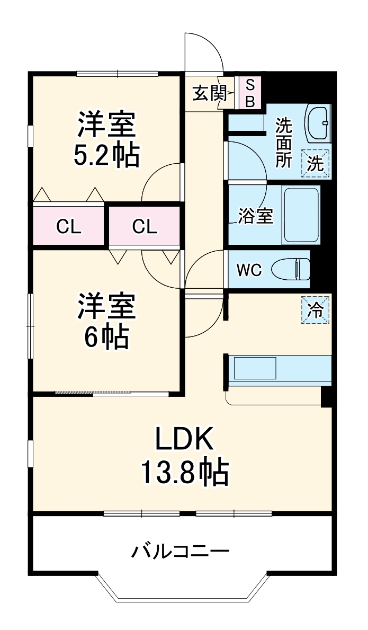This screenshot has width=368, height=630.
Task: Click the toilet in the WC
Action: (291, 269)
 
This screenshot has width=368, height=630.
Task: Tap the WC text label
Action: (248, 270)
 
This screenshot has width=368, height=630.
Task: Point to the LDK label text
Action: (184, 439)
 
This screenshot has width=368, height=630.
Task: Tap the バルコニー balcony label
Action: (180, 552)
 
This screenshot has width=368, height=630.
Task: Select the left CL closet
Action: (69, 227)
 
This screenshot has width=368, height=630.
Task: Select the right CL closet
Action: (145, 227)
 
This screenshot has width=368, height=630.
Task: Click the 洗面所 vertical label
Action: (283, 143)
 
